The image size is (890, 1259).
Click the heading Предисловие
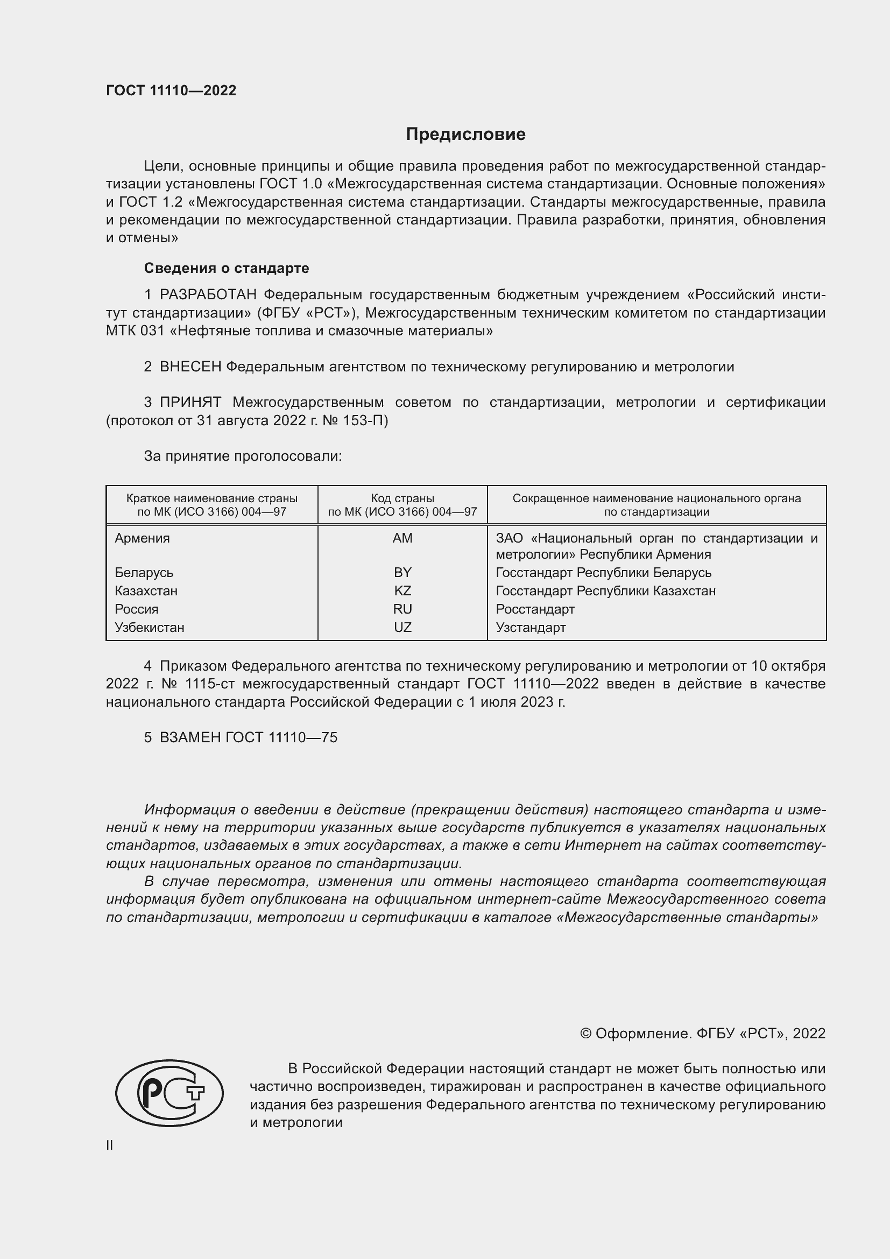[x=465, y=135]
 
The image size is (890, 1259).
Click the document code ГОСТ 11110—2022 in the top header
[x=171, y=91]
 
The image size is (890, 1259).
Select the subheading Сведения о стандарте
[x=227, y=268]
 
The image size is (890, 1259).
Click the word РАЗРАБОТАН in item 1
[x=208, y=295]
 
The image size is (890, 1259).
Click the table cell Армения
[x=143, y=538]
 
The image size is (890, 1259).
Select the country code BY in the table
[x=402, y=573]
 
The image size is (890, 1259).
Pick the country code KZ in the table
[x=402, y=590]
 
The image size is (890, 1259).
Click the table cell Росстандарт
[x=535, y=609]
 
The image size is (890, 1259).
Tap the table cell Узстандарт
[x=531, y=627]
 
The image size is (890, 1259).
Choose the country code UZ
[x=402, y=627]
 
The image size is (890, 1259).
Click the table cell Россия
[x=137, y=609]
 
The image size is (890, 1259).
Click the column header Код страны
[x=402, y=498]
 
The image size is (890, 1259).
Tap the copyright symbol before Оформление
[x=585, y=1033]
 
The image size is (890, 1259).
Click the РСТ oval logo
[x=169, y=1093]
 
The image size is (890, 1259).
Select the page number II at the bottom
[x=110, y=1145]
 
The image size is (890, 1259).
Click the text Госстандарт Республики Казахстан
[x=605, y=590]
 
